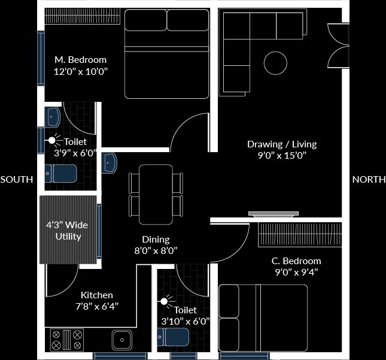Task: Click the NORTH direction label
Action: [369, 180]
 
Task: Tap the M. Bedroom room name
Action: [80, 60]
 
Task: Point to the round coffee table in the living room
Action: [275, 62]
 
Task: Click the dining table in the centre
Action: [156, 193]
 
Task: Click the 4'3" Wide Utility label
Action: [68, 231]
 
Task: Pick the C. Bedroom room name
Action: [296, 261]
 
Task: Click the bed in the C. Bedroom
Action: [263, 317]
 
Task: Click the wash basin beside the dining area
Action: [109, 163]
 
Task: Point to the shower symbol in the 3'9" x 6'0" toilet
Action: [52, 141]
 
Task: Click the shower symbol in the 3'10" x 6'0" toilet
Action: [163, 301]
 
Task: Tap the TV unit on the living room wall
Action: [273, 213]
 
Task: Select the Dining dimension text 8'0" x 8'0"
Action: [156, 250]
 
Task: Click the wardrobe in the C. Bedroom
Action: [300, 234]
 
